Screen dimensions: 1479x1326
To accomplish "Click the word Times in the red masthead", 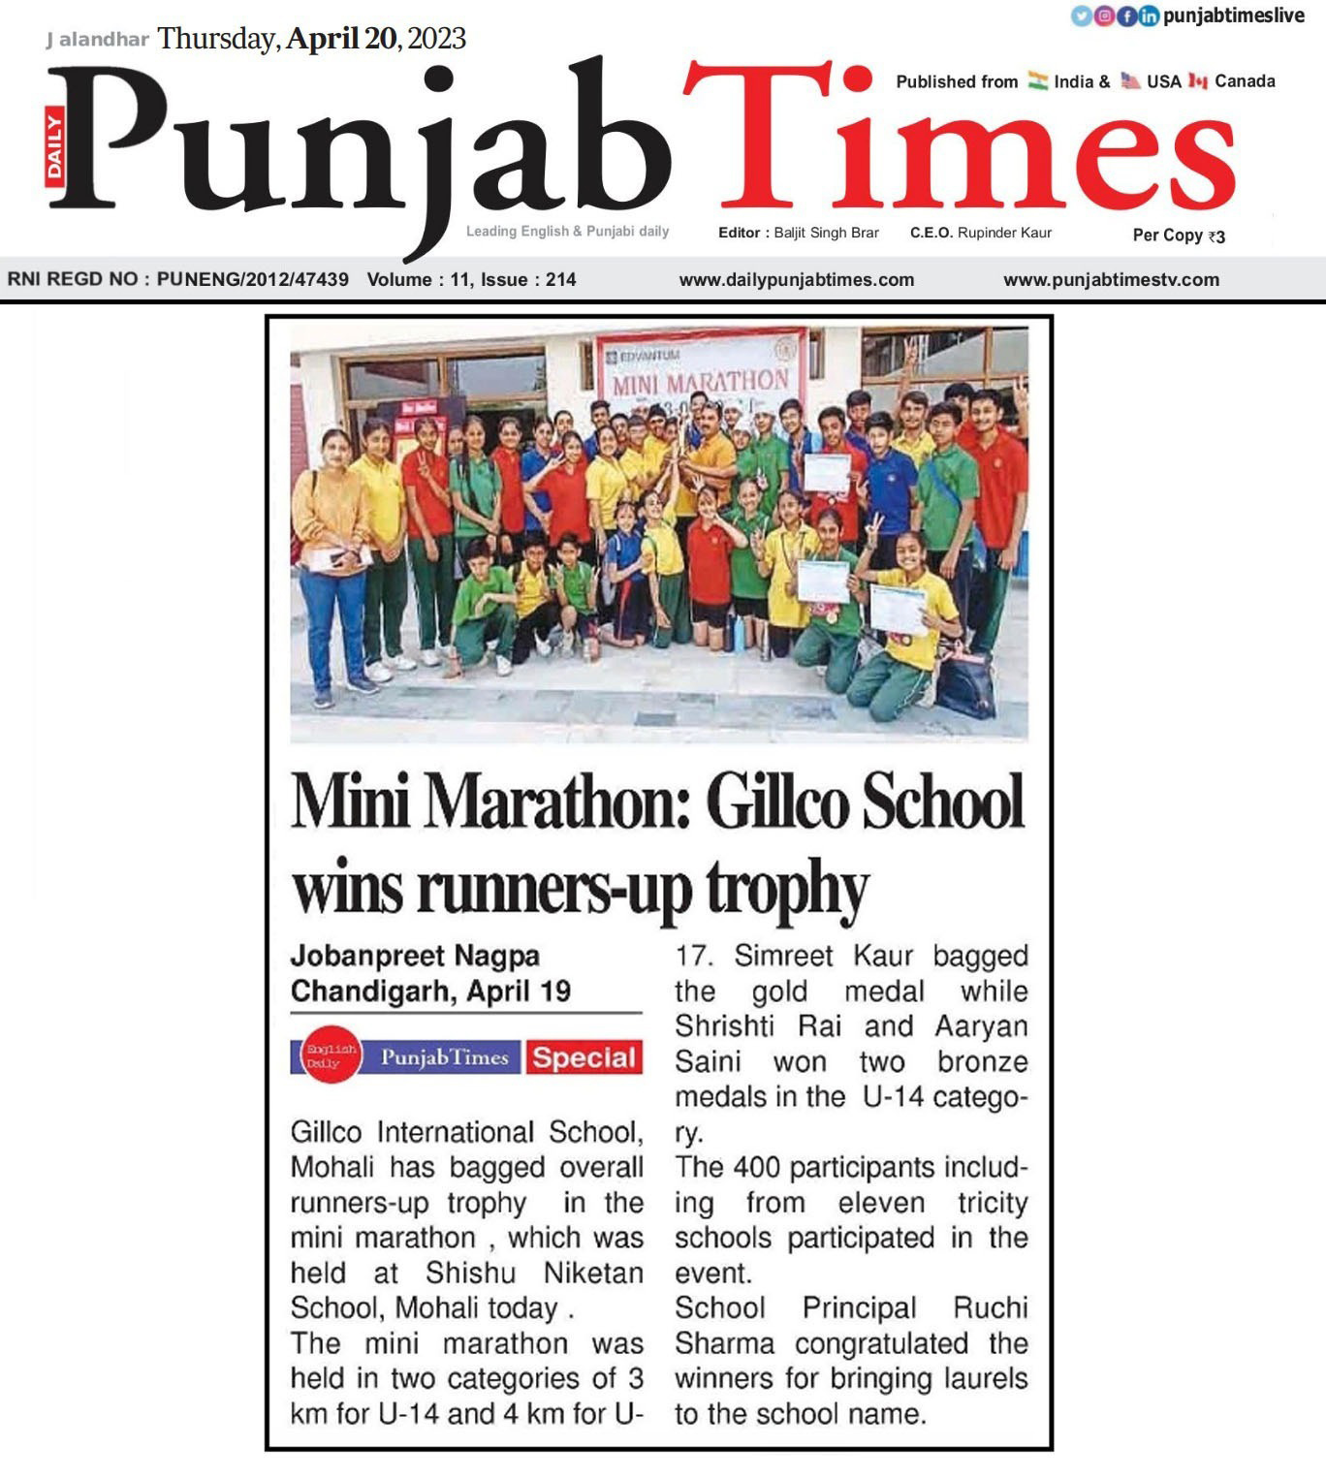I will [960, 141].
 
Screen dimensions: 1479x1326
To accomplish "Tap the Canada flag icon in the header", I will [1197, 81].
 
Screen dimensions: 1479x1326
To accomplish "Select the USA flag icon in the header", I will [1130, 81].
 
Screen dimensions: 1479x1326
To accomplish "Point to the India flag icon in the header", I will [1038, 81].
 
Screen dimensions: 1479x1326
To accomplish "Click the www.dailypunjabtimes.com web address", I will [796, 280].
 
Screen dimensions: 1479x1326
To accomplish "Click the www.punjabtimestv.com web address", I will [1111, 280].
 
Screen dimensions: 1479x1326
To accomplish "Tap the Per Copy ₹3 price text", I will [1179, 236].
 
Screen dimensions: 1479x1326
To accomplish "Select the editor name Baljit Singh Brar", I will [826, 233].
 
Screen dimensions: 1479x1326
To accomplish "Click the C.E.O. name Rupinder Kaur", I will [1004, 233].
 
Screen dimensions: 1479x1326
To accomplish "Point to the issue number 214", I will [560, 280].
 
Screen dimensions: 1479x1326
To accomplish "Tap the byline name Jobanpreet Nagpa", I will [415, 957].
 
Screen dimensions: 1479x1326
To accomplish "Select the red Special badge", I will [584, 1058].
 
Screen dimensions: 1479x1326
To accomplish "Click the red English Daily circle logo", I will [331, 1056].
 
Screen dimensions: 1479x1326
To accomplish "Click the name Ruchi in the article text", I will [990, 1308].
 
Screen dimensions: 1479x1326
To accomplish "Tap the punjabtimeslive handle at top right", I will [1233, 16].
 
